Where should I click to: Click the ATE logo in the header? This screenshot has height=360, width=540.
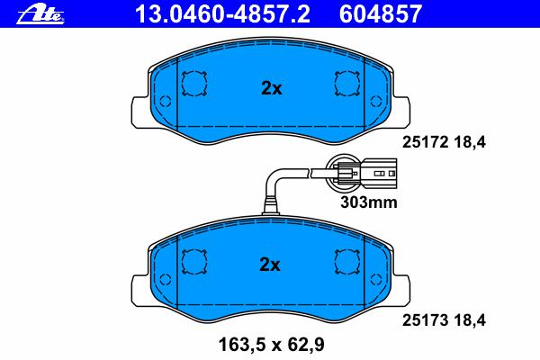40,15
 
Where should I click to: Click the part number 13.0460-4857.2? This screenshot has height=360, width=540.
222,14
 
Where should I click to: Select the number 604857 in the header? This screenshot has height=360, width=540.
381,14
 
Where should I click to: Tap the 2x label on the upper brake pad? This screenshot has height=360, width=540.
272,88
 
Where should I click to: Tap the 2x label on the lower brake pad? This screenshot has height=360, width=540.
270,265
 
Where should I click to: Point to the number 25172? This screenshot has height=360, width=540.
426,142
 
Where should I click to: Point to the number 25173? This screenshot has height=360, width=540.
426,320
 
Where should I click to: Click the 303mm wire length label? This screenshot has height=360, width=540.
369,202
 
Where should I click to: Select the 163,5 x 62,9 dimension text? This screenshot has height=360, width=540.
272,345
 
